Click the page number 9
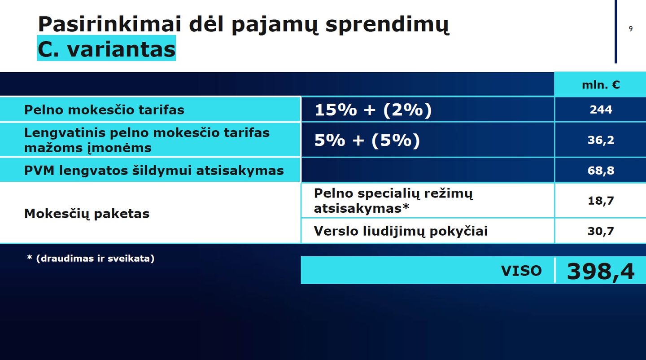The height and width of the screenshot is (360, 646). (x=631, y=29)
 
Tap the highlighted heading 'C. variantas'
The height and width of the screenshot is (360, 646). (x=106, y=49)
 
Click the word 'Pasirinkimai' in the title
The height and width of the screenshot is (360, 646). (x=109, y=25)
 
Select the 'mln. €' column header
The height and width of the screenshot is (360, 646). (x=601, y=85)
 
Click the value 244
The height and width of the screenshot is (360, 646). (x=601, y=110)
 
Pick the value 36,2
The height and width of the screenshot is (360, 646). (x=601, y=140)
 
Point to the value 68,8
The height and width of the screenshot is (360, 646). (x=601, y=171)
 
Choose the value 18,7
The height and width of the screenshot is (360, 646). (x=601, y=201)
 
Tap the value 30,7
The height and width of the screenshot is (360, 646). (x=601, y=231)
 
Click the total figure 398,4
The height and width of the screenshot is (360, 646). (x=601, y=272)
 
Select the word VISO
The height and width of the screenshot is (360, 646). (x=521, y=271)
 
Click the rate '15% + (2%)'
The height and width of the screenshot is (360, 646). (x=373, y=110)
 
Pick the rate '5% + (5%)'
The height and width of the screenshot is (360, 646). (x=367, y=140)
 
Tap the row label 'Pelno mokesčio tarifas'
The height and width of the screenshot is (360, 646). (x=104, y=110)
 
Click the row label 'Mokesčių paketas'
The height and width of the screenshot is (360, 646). (x=87, y=214)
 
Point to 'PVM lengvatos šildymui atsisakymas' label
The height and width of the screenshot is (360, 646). (x=154, y=171)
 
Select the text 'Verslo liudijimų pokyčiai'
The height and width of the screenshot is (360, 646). (x=401, y=231)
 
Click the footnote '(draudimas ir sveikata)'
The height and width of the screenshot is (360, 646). (x=96, y=258)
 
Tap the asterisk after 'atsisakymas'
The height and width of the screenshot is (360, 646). (x=406, y=206)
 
